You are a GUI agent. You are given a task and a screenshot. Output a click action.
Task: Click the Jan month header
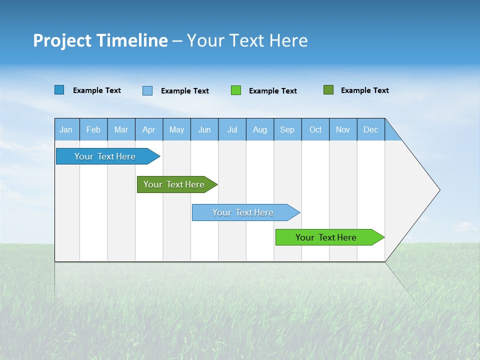pos(66,129)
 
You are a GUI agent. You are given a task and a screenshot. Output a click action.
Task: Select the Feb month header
pos(93,129)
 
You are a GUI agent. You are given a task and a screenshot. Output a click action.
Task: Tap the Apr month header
pos(149,129)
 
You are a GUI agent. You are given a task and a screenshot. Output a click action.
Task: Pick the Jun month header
pos(204,129)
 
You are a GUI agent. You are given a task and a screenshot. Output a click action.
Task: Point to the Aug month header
pos(260,129)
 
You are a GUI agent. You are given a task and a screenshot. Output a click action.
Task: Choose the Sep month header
pos(287,129)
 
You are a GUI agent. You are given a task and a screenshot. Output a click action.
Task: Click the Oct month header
pos(315,129)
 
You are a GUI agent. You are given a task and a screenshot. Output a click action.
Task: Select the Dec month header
pos(371,129)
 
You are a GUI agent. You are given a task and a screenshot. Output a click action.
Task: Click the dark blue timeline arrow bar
pos(105,156)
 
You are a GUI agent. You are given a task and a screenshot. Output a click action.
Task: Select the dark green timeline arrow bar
pos(174,184)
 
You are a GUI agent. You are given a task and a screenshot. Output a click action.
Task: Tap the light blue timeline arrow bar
pos(243,212)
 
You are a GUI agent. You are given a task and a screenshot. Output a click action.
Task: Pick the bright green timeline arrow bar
pos(326,237)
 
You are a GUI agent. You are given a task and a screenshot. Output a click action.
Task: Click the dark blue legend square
pos(59,90)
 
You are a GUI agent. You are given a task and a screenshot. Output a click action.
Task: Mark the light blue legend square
pos(147,90)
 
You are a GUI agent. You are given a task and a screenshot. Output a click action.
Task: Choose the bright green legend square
pos(236,90)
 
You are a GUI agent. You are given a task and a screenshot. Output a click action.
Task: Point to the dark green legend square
pos(328,90)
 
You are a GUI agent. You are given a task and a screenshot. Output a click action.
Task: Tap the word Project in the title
pos(62,40)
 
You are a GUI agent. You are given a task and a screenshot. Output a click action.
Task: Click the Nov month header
pos(343,129)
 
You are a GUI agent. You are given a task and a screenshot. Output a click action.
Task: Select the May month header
pos(176,129)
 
